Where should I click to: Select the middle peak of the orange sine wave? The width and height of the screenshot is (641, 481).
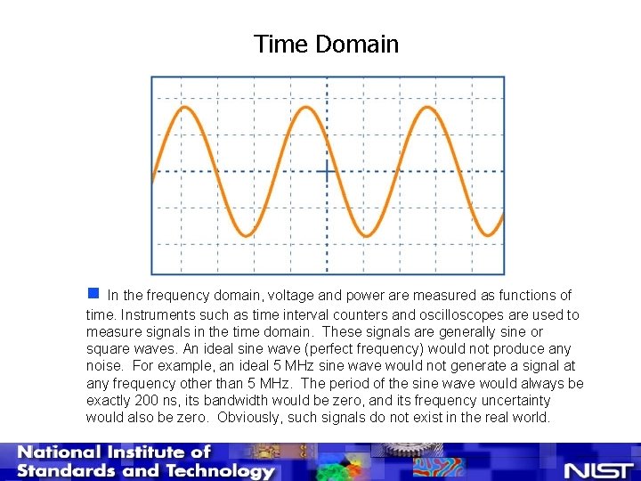point(305,107)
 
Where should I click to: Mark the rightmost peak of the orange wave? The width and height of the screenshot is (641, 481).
point(427,107)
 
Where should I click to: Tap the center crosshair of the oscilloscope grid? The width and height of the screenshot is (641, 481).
point(327,171)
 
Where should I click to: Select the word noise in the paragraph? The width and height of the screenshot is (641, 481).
point(105,365)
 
